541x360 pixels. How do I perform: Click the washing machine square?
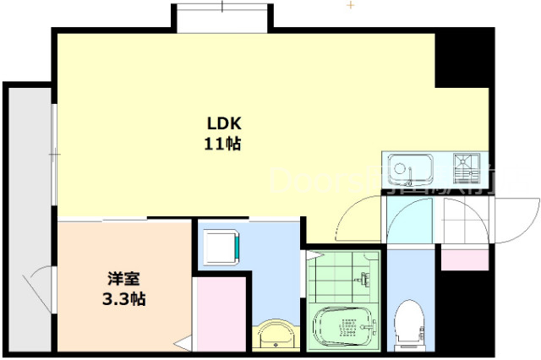(224, 246)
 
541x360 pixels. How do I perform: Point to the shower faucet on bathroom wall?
(365, 278)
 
